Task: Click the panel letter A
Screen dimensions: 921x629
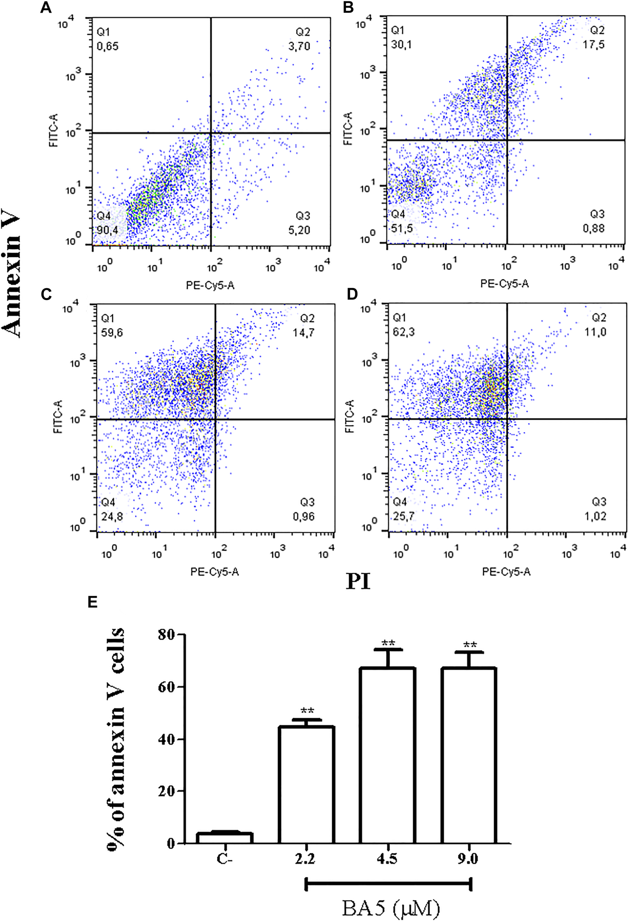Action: pos(46,7)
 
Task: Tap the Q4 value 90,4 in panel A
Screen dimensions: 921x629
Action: pos(108,230)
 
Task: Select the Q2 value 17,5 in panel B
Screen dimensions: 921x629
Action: pos(594,45)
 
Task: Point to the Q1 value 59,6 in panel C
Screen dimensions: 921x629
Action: pos(112,332)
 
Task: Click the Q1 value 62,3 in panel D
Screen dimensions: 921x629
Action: pos(403,332)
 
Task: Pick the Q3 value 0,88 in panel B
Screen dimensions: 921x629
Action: pos(593,229)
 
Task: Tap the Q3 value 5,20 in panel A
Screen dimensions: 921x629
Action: pos(299,230)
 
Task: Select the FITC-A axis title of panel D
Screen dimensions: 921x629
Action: pos(349,416)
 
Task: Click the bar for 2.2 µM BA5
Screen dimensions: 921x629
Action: pos(306,784)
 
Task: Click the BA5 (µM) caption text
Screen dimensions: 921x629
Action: pos(391,907)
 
